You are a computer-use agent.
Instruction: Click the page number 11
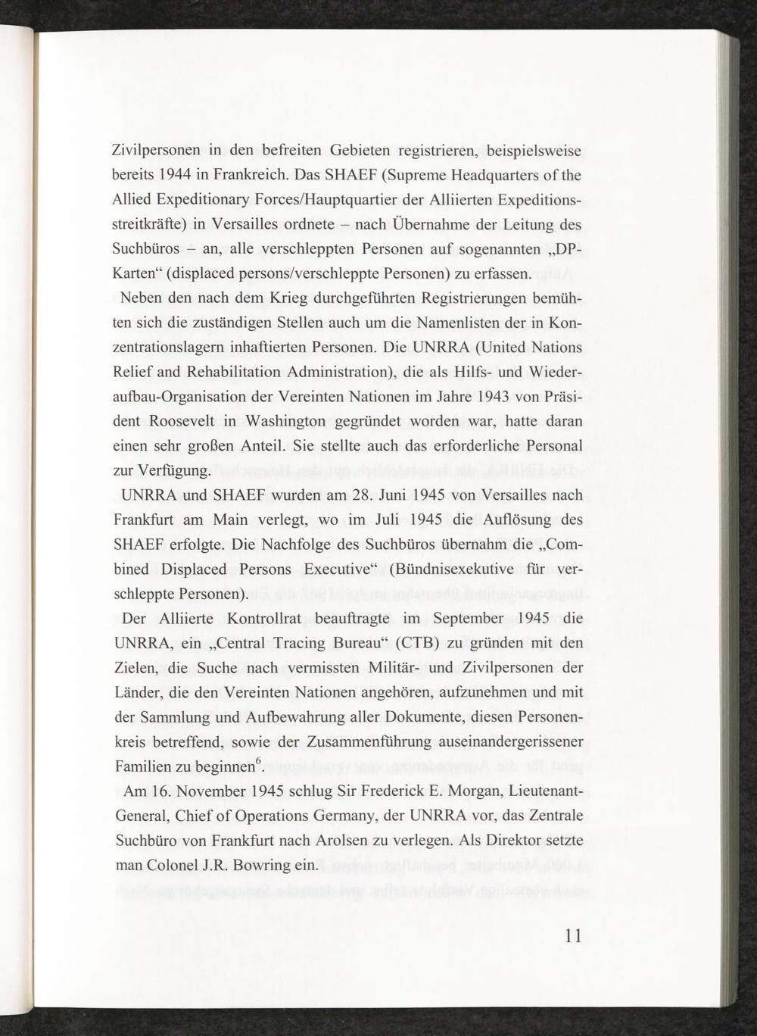pos(573,935)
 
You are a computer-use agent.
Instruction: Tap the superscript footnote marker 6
pos(258,761)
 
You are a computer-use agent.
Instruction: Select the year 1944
pos(174,175)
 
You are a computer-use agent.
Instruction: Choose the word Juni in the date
pos(394,495)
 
